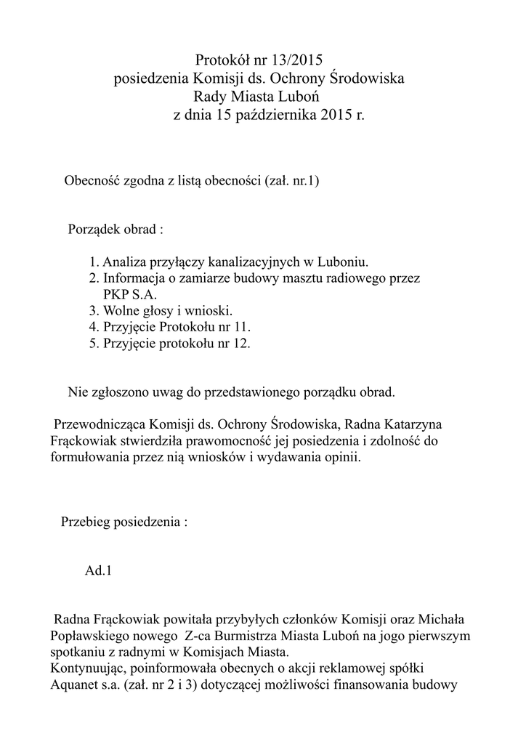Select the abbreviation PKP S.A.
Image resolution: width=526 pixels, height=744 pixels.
pos(129,294)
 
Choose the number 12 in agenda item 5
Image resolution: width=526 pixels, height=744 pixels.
pos(240,344)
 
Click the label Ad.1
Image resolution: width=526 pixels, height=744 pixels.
pos(99,570)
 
